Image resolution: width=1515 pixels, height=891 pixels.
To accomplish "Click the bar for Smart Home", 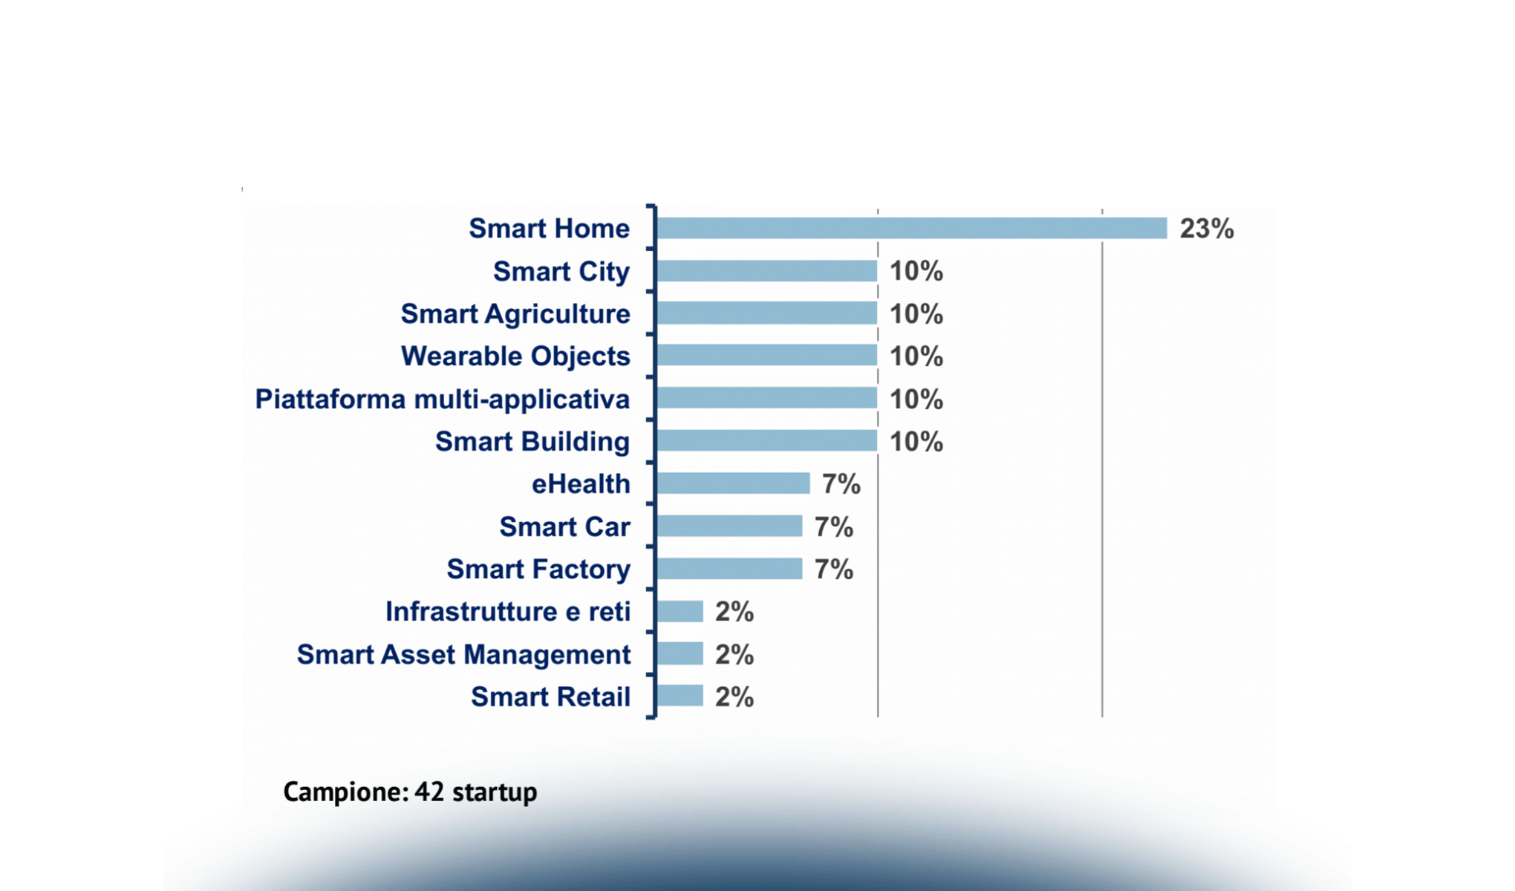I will (x=911, y=228).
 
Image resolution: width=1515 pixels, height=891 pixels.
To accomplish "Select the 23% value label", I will (x=1207, y=228).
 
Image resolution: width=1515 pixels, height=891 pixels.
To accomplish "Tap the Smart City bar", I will (x=766, y=271).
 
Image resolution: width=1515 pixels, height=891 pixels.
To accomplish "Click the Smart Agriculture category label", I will (x=515, y=314).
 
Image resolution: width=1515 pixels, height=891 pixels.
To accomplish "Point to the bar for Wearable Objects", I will (x=766, y=356).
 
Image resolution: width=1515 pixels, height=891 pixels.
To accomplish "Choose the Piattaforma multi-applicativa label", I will (x=443, y=399).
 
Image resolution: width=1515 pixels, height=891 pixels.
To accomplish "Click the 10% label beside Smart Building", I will (x=916, y=442).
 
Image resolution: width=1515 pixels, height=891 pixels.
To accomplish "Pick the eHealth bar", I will (x=733, y=484).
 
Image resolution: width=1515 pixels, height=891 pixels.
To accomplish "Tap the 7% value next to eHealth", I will (x=841, y=484).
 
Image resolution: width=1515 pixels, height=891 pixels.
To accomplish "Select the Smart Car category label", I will (x=564, y=526).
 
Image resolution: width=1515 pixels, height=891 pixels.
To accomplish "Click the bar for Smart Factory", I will (x=729, y=569).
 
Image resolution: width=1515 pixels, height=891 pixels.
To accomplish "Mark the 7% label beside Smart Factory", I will (x=833, y=569).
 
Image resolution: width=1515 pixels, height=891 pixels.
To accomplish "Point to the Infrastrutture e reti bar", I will (x=680, y=612).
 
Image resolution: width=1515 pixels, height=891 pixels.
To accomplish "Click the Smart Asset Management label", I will (x=463, y=654).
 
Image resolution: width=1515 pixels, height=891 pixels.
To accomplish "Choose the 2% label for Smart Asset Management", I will (x=734, y=654).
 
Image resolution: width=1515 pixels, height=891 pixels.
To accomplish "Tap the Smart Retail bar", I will (x=680, y=696).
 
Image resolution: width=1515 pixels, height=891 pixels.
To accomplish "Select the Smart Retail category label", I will (x=550, y=696).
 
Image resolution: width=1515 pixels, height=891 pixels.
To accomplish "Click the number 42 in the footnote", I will (x=429, y=792).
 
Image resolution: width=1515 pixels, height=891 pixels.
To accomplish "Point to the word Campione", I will (x=345, y=792).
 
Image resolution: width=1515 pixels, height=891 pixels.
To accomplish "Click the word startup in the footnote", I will (x=495, y=792).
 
